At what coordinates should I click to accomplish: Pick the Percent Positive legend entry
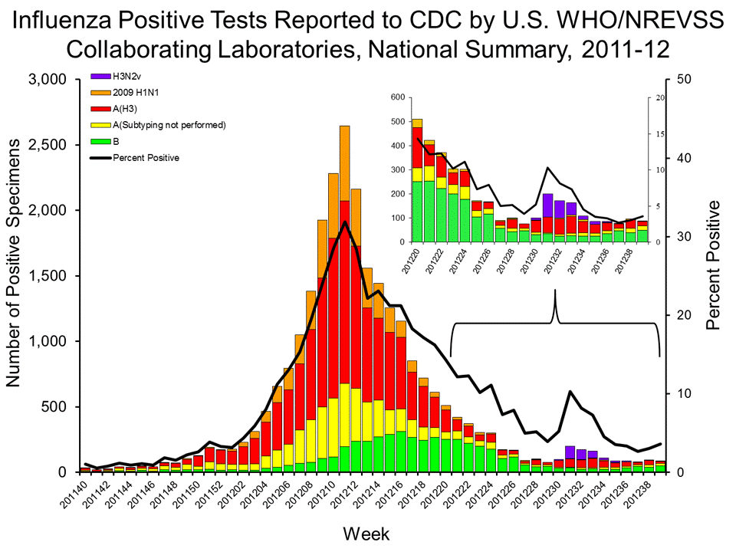tap(146, 158)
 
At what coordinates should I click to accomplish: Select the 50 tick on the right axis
tap(681, 80)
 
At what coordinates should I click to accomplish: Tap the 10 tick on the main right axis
tap(681, 393)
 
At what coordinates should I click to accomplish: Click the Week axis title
tap(366, 533)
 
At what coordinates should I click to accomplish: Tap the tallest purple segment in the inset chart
tap(547, 205)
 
